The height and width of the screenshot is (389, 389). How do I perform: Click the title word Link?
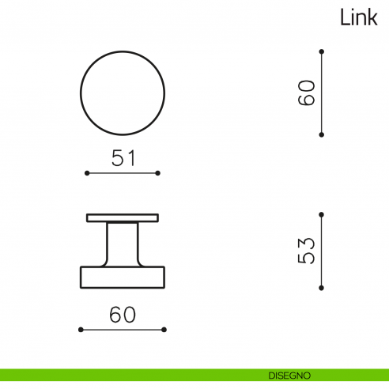pos(359,17)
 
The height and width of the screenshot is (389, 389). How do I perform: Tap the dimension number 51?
pos(123,158)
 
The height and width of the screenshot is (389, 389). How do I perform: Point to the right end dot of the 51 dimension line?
pos(158,172)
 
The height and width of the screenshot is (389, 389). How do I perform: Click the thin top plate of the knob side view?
pos(123,217)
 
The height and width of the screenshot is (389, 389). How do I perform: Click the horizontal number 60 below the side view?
pos(123,315)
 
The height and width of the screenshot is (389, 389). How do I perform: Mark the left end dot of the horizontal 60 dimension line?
pos(81,329)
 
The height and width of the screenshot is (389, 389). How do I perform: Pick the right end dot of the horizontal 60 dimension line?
pos(164,329)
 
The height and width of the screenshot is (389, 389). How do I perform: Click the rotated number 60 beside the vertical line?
pos(308,93)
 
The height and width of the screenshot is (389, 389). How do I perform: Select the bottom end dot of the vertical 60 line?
pos(321,134)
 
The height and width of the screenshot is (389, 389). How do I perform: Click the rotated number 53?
pos(308,251)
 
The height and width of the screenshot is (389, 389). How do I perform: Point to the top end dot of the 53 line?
pos(321,213)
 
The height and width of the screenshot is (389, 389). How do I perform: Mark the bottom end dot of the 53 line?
pos(321,288)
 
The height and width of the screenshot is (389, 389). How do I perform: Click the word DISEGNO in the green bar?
pos(289,374)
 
